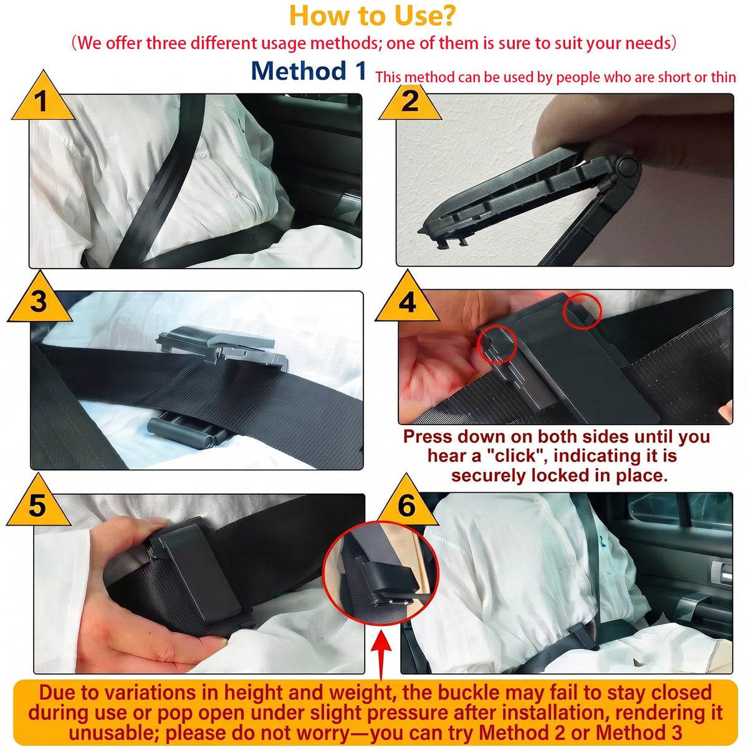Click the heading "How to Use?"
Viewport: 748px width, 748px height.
(x=372, y=16)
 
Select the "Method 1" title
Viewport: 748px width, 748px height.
(x=309, y=70)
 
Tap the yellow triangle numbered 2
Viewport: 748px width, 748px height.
(x=410, y=102)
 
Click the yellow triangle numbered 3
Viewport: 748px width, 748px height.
(x=39, y=300)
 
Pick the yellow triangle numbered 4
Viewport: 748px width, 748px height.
(x=407, y=300)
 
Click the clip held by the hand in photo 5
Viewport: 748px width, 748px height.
(x=194, y=570)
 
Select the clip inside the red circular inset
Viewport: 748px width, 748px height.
(x=382, y=582)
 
